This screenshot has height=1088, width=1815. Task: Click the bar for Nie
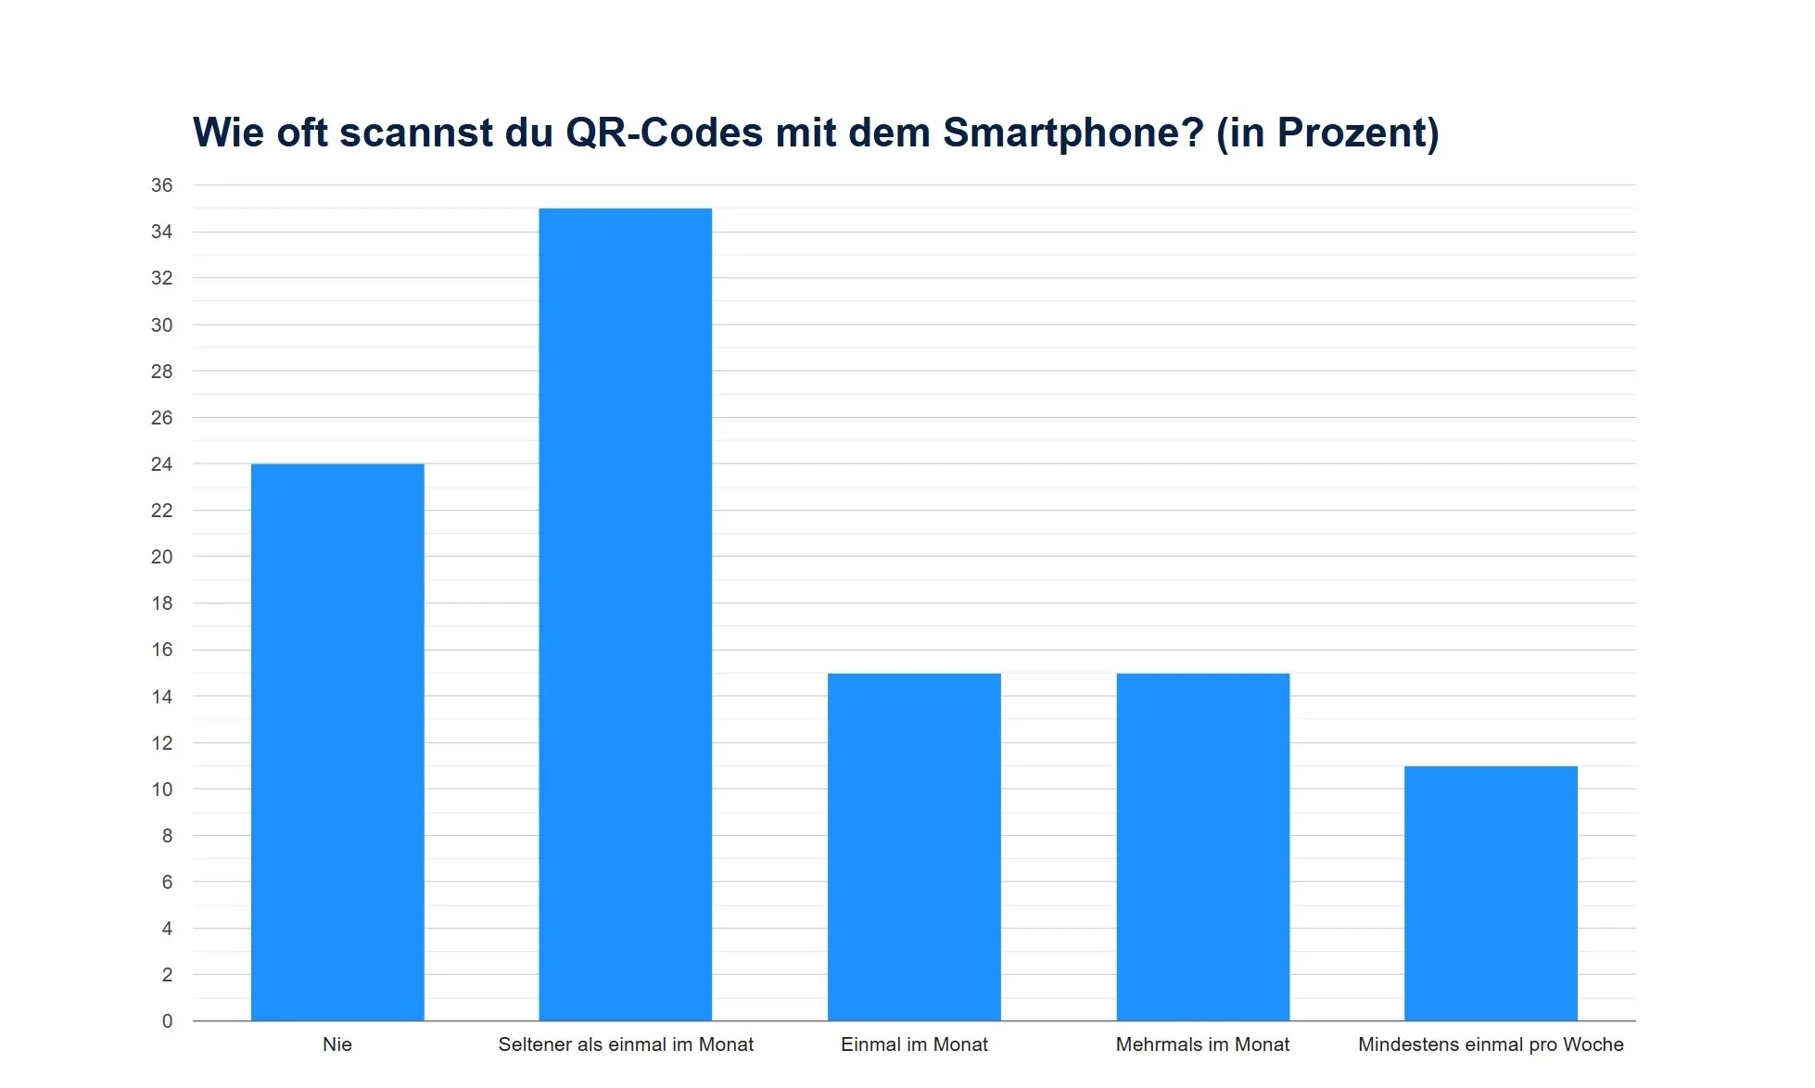[x=337, y=741]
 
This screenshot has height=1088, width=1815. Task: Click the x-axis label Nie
[x=337, y=1044]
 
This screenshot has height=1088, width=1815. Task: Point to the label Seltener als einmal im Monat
[x=626, y=1044]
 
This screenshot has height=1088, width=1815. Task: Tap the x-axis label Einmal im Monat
[x=914, y=1044]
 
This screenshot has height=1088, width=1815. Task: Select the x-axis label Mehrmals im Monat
[x=1202, y=1044]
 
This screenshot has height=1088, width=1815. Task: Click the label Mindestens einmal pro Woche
[x=1491, y=1044]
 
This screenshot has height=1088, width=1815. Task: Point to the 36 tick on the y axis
[x=162, y=185]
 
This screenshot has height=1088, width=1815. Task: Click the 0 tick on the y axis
[x=167, y=1021]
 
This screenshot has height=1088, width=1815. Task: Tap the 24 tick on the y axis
[x=162, y=464]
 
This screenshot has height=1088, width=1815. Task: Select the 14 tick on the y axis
[x=162, y=697]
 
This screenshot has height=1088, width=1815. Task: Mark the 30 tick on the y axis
[x=162, y=325]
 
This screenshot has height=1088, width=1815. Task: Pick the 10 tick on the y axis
[x=162, y=790]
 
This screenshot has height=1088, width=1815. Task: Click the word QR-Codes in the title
[x=664, y=133]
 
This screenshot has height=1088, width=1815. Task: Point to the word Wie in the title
[x=228, y=133]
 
